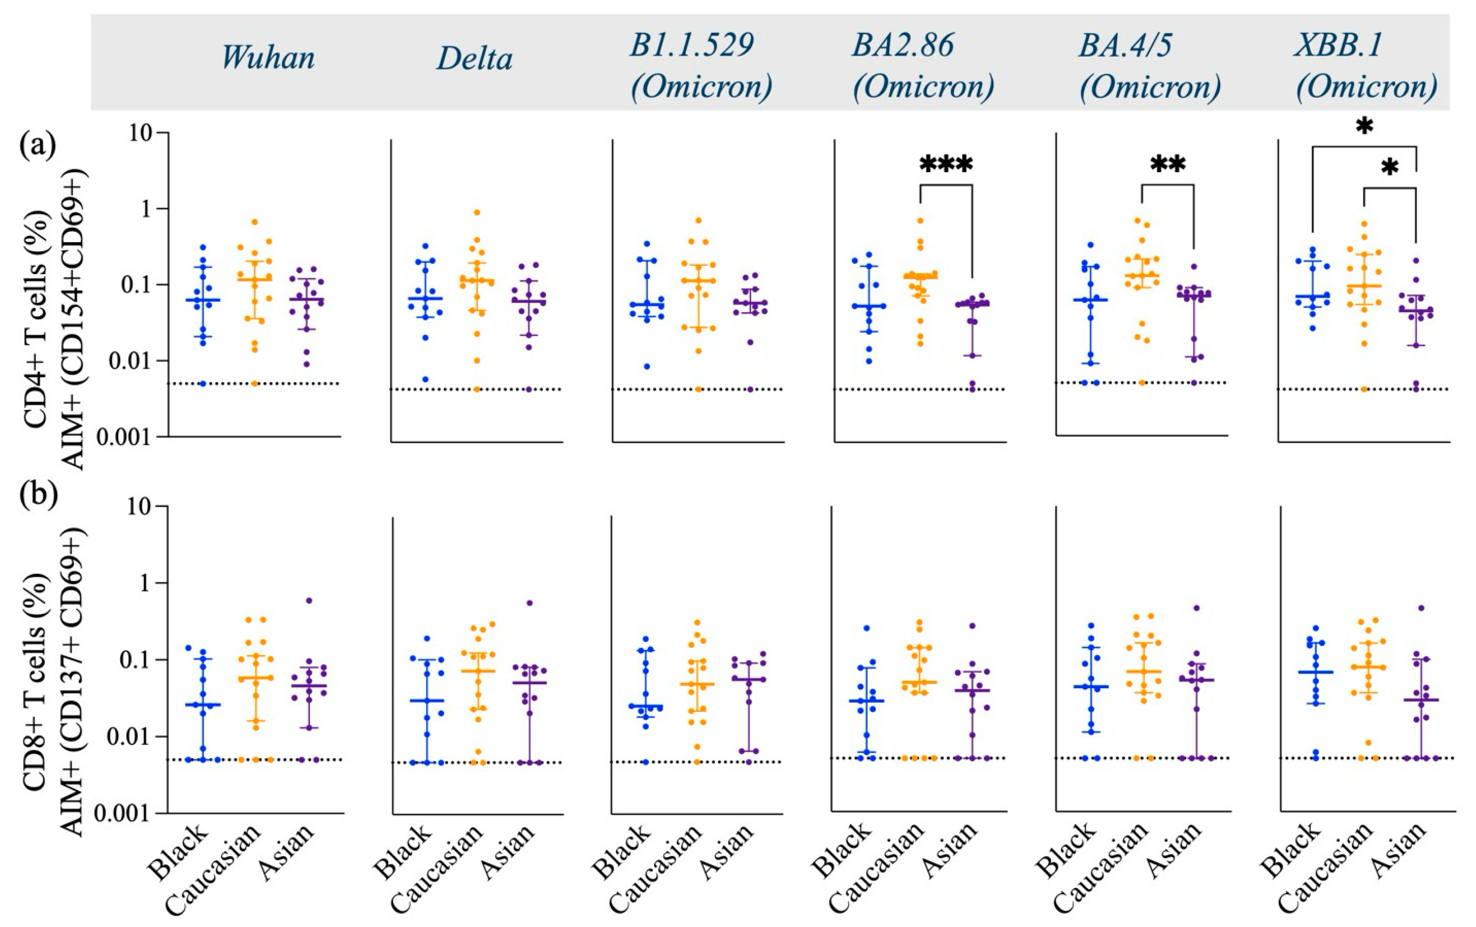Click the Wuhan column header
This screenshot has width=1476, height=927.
point(268,58)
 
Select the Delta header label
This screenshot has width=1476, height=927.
point(474,59)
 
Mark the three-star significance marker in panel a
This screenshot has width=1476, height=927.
point(946,164)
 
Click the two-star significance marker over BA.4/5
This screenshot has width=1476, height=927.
point(1168,164)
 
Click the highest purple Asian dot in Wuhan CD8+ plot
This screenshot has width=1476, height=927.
point(309,601)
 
